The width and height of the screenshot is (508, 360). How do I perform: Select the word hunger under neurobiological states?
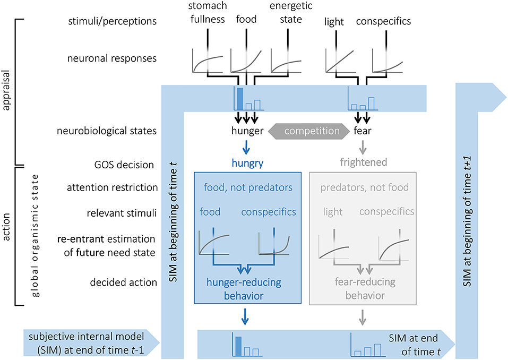pyautogui.click(x=246, y=131)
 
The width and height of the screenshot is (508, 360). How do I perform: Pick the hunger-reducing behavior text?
pyautogui.click(x=245, y=288)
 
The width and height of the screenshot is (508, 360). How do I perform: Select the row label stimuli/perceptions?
pyautogui.click(x=113, y=22)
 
